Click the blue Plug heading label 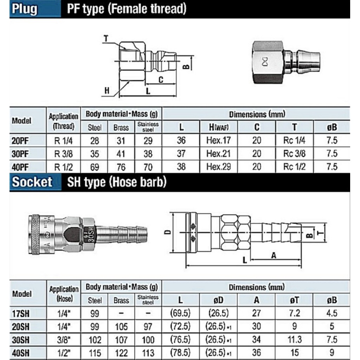click(25, 9)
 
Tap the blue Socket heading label click(32, 182)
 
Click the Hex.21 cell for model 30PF click(218, 154)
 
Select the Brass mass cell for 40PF click(121, 167)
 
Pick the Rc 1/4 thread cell click(294, 140)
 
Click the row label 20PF click(20, 141)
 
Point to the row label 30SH click(21, 340)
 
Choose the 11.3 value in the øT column click(295, 340)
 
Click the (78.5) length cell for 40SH click(180, 353)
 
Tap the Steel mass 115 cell click(95, 353)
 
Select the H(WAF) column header click(219, 127)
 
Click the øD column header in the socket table click(218, 300)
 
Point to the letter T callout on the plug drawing click(106, 38)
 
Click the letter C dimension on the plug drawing click(161, 80)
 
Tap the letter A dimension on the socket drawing click(274, 255)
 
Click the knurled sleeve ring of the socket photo click(34, 234)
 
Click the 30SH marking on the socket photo click(91, 234)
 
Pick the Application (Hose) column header click(64, 294)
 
